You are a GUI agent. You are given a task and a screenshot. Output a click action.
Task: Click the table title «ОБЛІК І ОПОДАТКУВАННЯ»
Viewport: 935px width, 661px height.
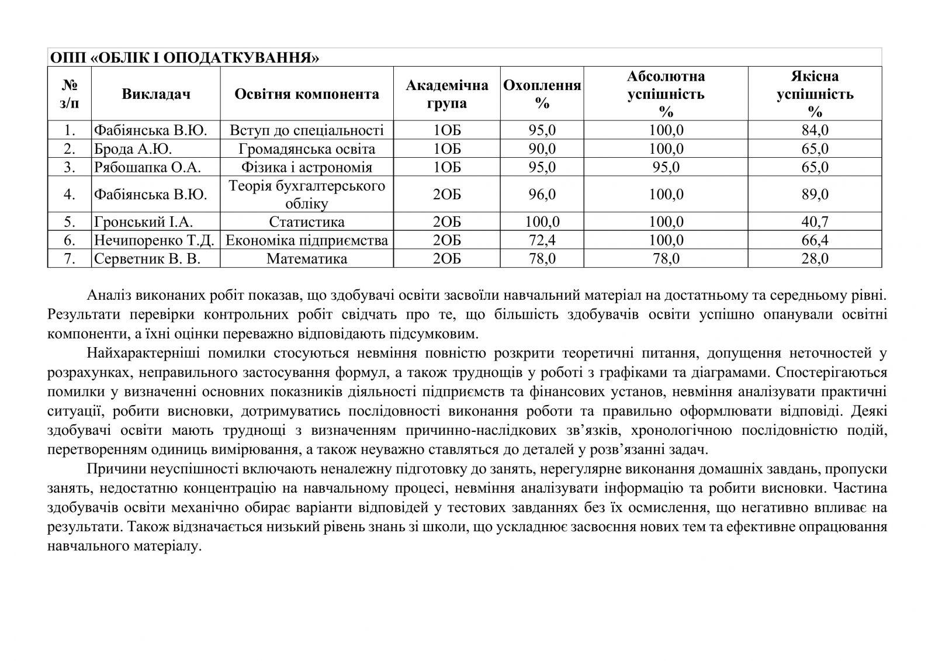pos(185,58)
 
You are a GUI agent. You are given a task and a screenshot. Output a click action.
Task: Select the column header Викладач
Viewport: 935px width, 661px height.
pos(156,94)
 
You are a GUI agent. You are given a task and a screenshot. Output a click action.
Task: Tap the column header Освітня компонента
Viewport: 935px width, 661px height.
pos(307,94)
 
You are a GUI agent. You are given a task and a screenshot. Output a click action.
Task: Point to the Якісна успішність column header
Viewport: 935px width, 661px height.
pos(815,94)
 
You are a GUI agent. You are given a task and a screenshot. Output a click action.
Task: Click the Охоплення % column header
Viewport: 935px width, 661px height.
pos(542,94)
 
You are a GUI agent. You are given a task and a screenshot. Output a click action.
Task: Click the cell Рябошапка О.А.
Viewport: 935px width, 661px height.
pos(147,168)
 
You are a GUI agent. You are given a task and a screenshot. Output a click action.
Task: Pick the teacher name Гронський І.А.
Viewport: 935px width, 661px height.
pos(143,222)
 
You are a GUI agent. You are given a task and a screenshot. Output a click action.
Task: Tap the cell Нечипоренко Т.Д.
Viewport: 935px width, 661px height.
pos(154,241)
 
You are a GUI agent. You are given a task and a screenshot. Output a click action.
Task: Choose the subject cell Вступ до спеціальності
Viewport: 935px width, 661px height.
pos(307,130)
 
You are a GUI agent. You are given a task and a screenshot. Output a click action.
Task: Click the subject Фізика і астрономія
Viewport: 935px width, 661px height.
pos(307,168)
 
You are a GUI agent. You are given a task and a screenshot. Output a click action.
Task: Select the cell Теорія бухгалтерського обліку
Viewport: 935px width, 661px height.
pos(307,194)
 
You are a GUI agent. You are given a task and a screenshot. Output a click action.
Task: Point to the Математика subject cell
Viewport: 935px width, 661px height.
pos(307,259)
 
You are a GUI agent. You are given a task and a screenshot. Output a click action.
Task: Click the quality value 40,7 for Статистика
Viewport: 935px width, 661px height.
pos(815,222)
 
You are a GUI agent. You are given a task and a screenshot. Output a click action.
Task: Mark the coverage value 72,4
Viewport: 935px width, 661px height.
pos(542,241)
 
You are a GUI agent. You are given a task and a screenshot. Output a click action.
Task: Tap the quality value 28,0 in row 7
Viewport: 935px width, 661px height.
pos(815,259)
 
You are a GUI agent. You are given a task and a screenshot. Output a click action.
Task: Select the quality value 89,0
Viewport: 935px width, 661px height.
pos(815,194)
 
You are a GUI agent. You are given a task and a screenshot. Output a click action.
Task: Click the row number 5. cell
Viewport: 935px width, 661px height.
pos(70,222)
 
